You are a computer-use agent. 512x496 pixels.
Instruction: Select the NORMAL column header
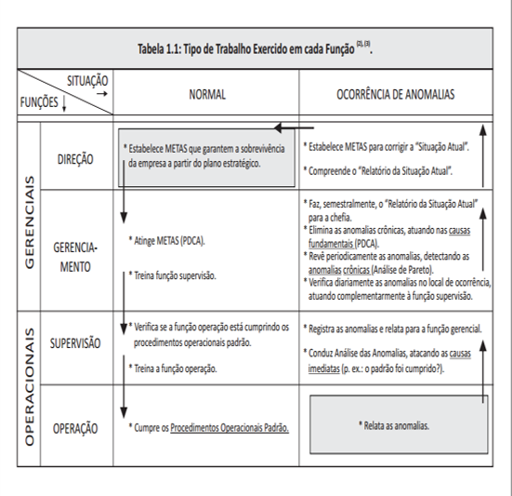coord(207,95)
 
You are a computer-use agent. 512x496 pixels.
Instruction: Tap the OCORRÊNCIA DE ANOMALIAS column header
coord(396,95)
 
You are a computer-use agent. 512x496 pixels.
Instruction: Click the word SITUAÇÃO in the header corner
coord(87,81)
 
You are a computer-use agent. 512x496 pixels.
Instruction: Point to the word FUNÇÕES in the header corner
coord(39,102)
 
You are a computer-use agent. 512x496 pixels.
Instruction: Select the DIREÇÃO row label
coord(75,159)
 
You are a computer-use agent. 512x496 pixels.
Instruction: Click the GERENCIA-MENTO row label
coord(75,257)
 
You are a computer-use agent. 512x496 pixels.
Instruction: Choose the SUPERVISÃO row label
coord(75,343)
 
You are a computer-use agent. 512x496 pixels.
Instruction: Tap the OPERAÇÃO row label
coord(75,428)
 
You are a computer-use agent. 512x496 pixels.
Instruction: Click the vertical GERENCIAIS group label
coord(30,222)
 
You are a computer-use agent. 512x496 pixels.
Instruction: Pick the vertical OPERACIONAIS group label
coord(30,387)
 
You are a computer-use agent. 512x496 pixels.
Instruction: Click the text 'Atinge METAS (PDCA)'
coord(167,241)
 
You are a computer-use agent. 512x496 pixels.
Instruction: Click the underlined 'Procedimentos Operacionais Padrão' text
coord(230,428)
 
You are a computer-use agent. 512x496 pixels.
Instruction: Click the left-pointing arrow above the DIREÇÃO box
coord(294,127)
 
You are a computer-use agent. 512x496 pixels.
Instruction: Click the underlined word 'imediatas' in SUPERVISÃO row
coord(324,369)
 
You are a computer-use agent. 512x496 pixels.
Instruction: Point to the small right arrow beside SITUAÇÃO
coord(102,94)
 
